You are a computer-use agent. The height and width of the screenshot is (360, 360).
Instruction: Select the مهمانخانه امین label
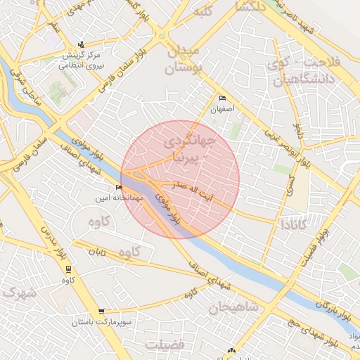pyautogui.click(x=118, y=198)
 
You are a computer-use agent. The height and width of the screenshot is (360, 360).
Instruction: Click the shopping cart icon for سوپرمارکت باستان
pyautogui.click(x=103, y=311)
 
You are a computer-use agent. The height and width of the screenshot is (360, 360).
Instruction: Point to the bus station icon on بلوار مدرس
pyautogui.click(x=68, y=269)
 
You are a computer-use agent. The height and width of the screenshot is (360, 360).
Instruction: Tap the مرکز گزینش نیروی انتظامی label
pyautogui.click(x=82, y=59)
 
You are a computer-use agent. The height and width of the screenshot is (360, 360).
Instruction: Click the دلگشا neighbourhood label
pyautogui.click(x=251, y=8)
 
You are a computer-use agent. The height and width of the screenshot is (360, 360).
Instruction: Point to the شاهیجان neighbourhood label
pyautogui.click(x=233, y=307)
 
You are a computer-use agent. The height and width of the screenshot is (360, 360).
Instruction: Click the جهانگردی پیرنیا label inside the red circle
pyautogui.click(x=186, y=150)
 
